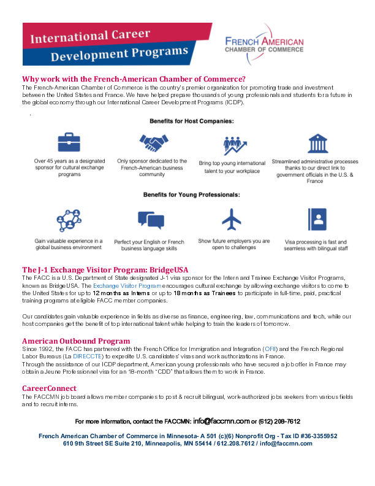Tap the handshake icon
pos(150,143)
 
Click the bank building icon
pos(317,144)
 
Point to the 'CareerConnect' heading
pos(50,388)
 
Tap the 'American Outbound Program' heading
pos(76,341)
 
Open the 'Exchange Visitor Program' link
pos(127,286)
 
